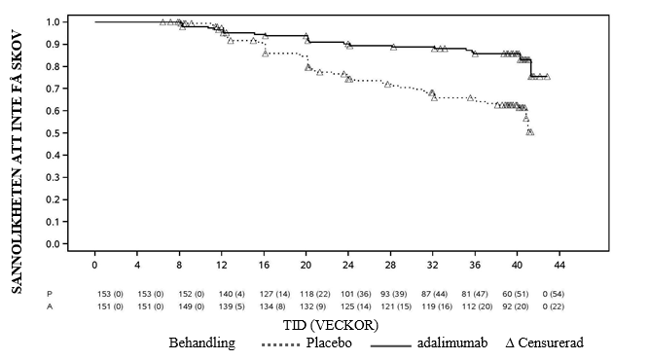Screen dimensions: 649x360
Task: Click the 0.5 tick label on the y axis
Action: [x=54, y=133]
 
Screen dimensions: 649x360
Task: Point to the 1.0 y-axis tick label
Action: [x=54, y=22]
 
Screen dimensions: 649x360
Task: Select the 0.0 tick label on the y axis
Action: [x=54, y=244]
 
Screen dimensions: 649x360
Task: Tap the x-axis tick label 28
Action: [x=390, y=265]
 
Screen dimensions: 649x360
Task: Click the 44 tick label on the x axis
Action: [x=559, y=265]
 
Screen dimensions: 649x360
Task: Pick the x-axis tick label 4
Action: [x=137, y=265]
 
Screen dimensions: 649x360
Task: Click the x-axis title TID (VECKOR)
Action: [x=331, y=325]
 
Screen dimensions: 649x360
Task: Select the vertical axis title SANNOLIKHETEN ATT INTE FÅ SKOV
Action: [x=17, y=162]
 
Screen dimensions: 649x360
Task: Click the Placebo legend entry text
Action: [x=329, y=343]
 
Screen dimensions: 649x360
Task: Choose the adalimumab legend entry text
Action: [x=452, y=343]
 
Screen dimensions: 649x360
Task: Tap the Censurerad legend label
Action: [x=551, y=343]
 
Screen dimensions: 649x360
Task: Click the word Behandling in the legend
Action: [x=202, y=343]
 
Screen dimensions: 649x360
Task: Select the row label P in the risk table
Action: [x=50, y=294]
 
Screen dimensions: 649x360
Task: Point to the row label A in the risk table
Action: [x=50, y=306]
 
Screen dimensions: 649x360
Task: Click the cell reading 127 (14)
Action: [x=274, y=294]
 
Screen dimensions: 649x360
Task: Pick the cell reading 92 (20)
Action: [x=516, y=306]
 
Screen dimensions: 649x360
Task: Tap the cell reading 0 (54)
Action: [x=554, y=294]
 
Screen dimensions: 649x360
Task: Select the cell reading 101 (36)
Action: [x=356, y=294]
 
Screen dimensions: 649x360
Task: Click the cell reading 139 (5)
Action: [x=232, y=306]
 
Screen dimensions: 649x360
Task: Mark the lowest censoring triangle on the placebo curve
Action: [x=530, y=132]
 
